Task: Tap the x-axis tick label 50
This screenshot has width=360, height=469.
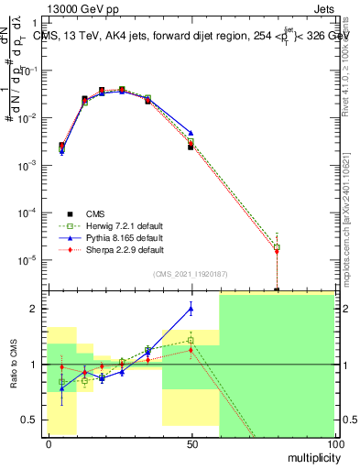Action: (x=191, y=443)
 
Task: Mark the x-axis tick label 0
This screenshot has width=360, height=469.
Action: (x=49, y=443)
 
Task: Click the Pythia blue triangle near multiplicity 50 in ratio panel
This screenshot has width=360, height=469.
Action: (x=191, y=309)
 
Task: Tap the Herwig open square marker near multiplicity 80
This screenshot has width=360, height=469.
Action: (x=277, y=247)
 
